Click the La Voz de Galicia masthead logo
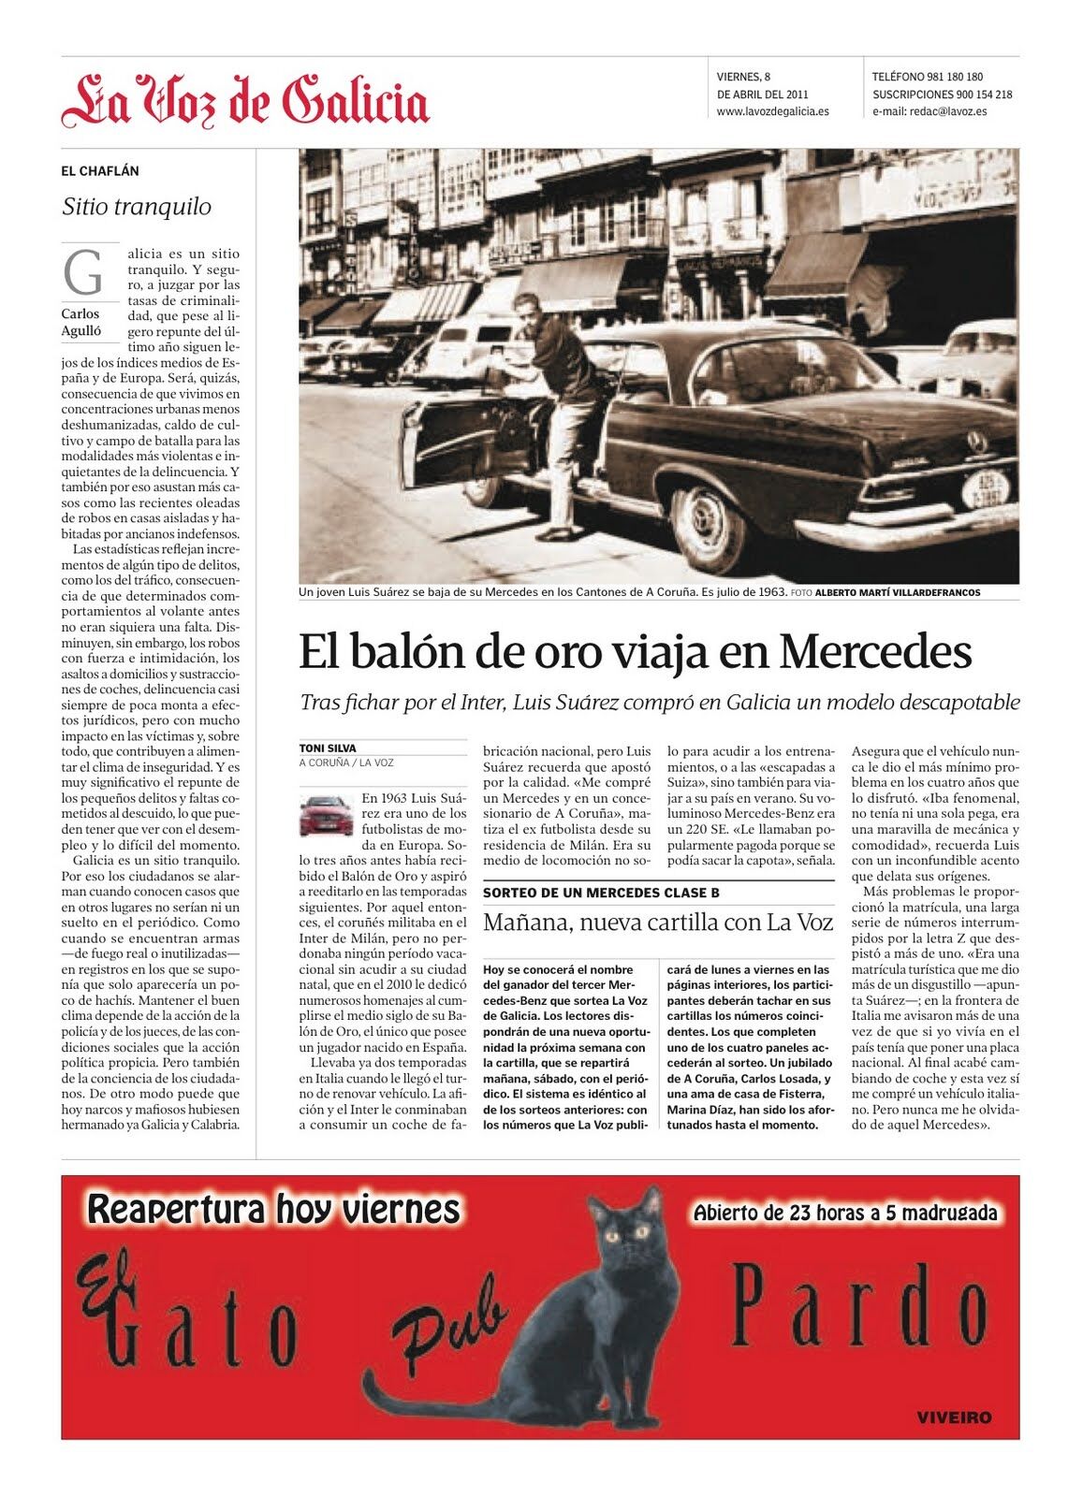tap(245, 101)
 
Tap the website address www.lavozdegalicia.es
tap(772, 111)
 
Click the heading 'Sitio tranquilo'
tap(137, 207)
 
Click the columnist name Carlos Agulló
tap(81, 322)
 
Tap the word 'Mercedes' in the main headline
tap(875, 651)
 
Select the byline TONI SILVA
tap(328, 748)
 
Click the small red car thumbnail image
tap(326, 814)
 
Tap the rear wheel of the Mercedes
tap(709, 526)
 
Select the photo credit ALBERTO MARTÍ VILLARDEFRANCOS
tap(898, 593)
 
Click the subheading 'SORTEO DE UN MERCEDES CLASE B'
tap(601, 893)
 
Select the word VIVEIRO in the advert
tap(954, 1417)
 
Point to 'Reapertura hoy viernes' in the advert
tap(273, 1209)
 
